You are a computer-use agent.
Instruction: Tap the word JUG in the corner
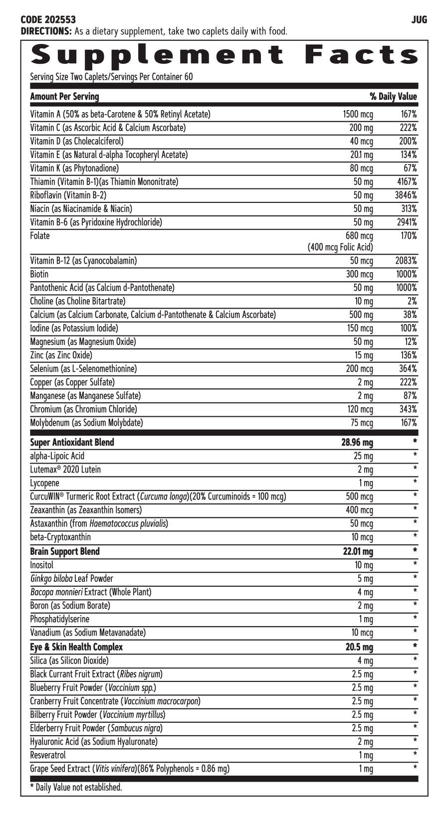pyautogui.click(x=419, y=20)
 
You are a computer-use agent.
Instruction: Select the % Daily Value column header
pyautogui.click(x=393, y=97)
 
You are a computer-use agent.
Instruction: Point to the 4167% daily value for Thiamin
pyautogui.click(x=405, y=182)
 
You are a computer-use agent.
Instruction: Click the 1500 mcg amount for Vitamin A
pyautogui.click(x=358, y=115)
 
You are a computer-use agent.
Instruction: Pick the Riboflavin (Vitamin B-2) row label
pyautogui.click(x=68, y=195)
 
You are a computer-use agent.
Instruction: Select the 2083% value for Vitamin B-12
pyautogui.click(x=405, y=261)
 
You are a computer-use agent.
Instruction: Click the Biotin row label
pyautogui.click(x=39, y=274)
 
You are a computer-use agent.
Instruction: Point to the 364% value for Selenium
pyautogui.click(x=407, y=369)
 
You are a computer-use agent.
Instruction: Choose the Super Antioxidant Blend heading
pyautogui.click(x=72, y=442)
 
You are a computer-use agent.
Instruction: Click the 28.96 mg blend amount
pyautogui.click(x=357, y=443)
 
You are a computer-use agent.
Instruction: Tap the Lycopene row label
pyautogui.click(x=44, y=483)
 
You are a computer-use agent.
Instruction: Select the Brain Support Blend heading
pyautogui.click(x=65, y=551)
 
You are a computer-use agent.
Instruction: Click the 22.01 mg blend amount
pyautogui.click(x=357, y=552)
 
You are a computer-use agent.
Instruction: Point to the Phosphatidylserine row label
pyautogui.click(x=60, y=619)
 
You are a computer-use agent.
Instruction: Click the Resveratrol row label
pyautogui.click(x=48, y=755)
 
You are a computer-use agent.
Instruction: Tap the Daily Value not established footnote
pyautogui.click(x=76, y=788)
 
